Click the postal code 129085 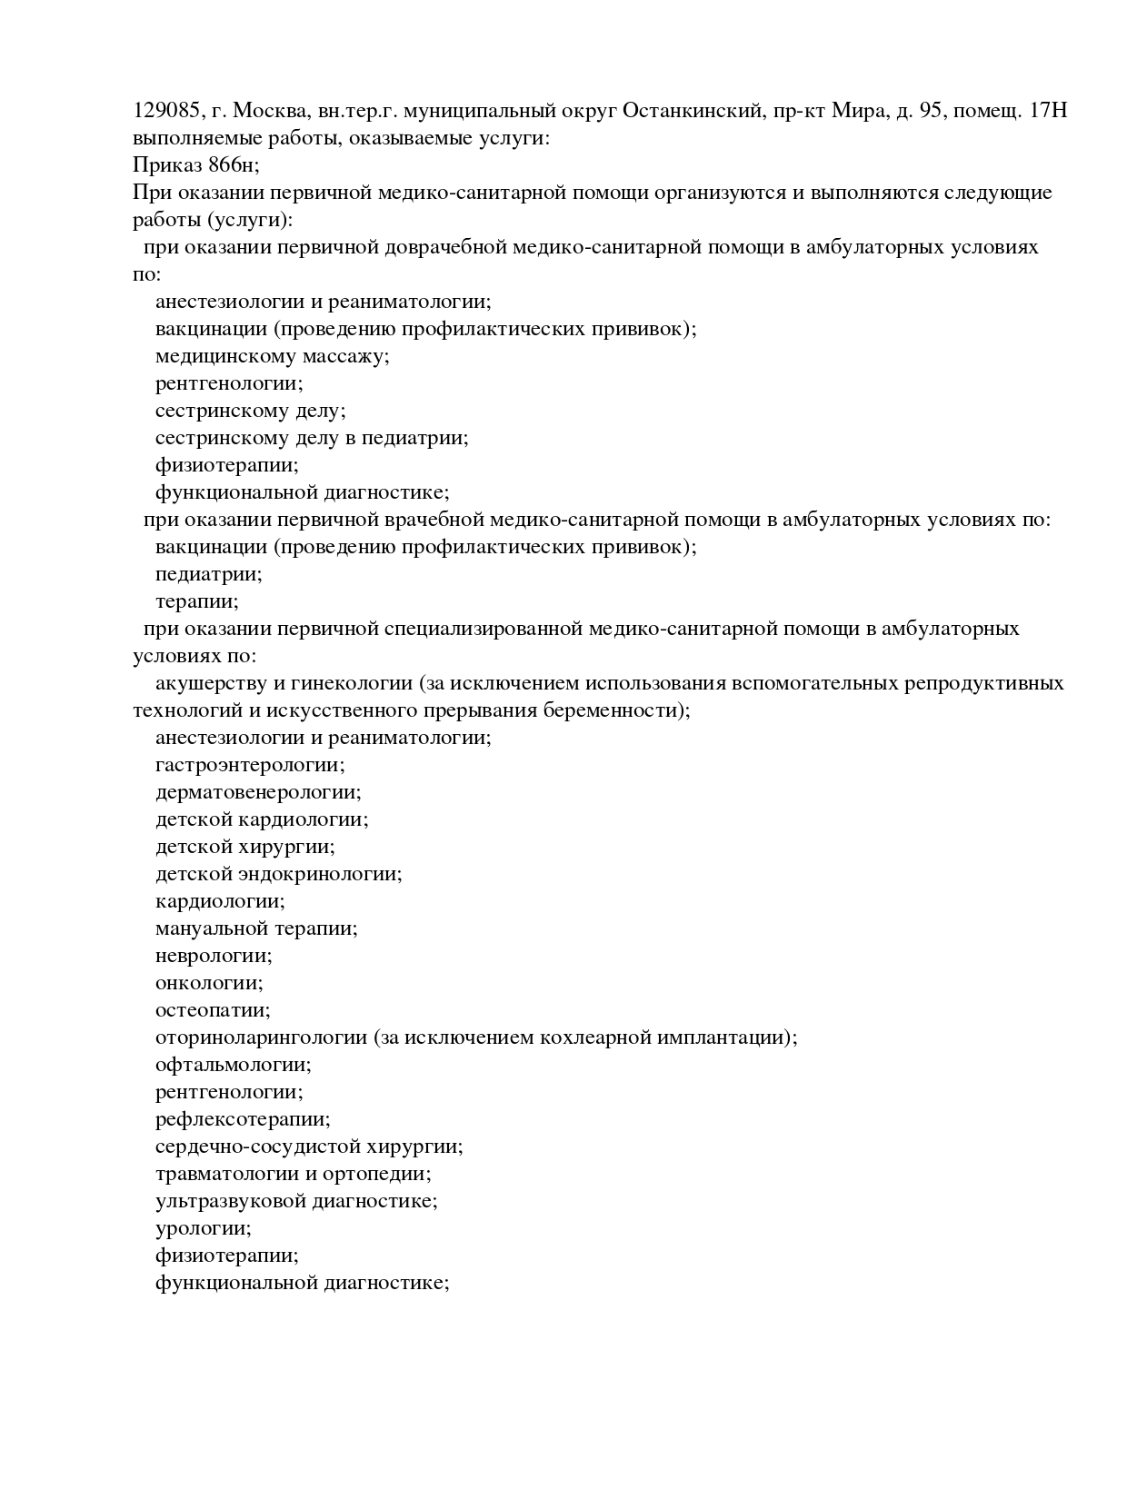coord(166,111)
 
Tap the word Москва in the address coord(271,111)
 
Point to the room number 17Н coord(1049,111)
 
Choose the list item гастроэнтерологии coord(250,765)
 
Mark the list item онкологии coord(209,983)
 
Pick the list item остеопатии coord(213,1010)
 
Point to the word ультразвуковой coord(231,1201)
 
